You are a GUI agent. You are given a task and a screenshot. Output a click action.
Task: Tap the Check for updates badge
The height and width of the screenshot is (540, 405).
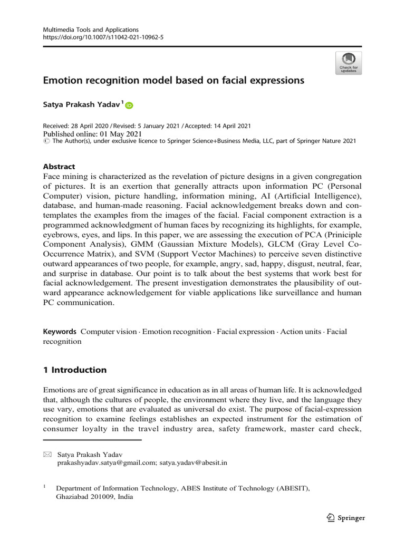click(348, 63)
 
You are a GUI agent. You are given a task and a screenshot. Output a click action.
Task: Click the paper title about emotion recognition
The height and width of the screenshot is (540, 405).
click(173, 81)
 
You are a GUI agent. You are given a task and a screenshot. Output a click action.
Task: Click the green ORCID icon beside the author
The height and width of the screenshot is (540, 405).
click(129, 105)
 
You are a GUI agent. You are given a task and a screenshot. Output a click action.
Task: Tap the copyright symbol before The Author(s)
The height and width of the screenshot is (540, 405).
click(46, 141)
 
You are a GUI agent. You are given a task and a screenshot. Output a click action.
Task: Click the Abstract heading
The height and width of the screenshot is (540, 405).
click(59, 166)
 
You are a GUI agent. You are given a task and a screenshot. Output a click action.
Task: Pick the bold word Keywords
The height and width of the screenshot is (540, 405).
click(60, 331)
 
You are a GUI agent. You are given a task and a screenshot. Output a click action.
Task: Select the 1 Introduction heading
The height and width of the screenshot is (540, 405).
click(74, 370)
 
